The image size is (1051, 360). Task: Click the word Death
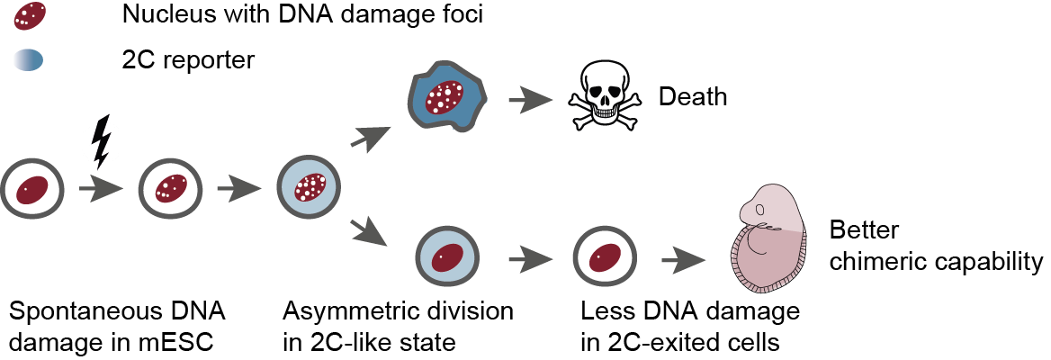pyautogui.click(x=692, y=96)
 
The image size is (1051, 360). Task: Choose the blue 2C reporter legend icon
pyautogui.click(x=28, y=61)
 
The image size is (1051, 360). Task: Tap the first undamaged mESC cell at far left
pyautogui.click(x=32, y=190)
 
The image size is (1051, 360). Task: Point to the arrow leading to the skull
pyautogui.click(x=528, y=98)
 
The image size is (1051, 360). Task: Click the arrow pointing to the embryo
pyautogui.click(x=683, y=261)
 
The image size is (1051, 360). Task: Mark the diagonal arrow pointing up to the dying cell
pyautogui.click(x=373, y=136)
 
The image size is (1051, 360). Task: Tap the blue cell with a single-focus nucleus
pyautogui.click(x=447, y=257)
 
